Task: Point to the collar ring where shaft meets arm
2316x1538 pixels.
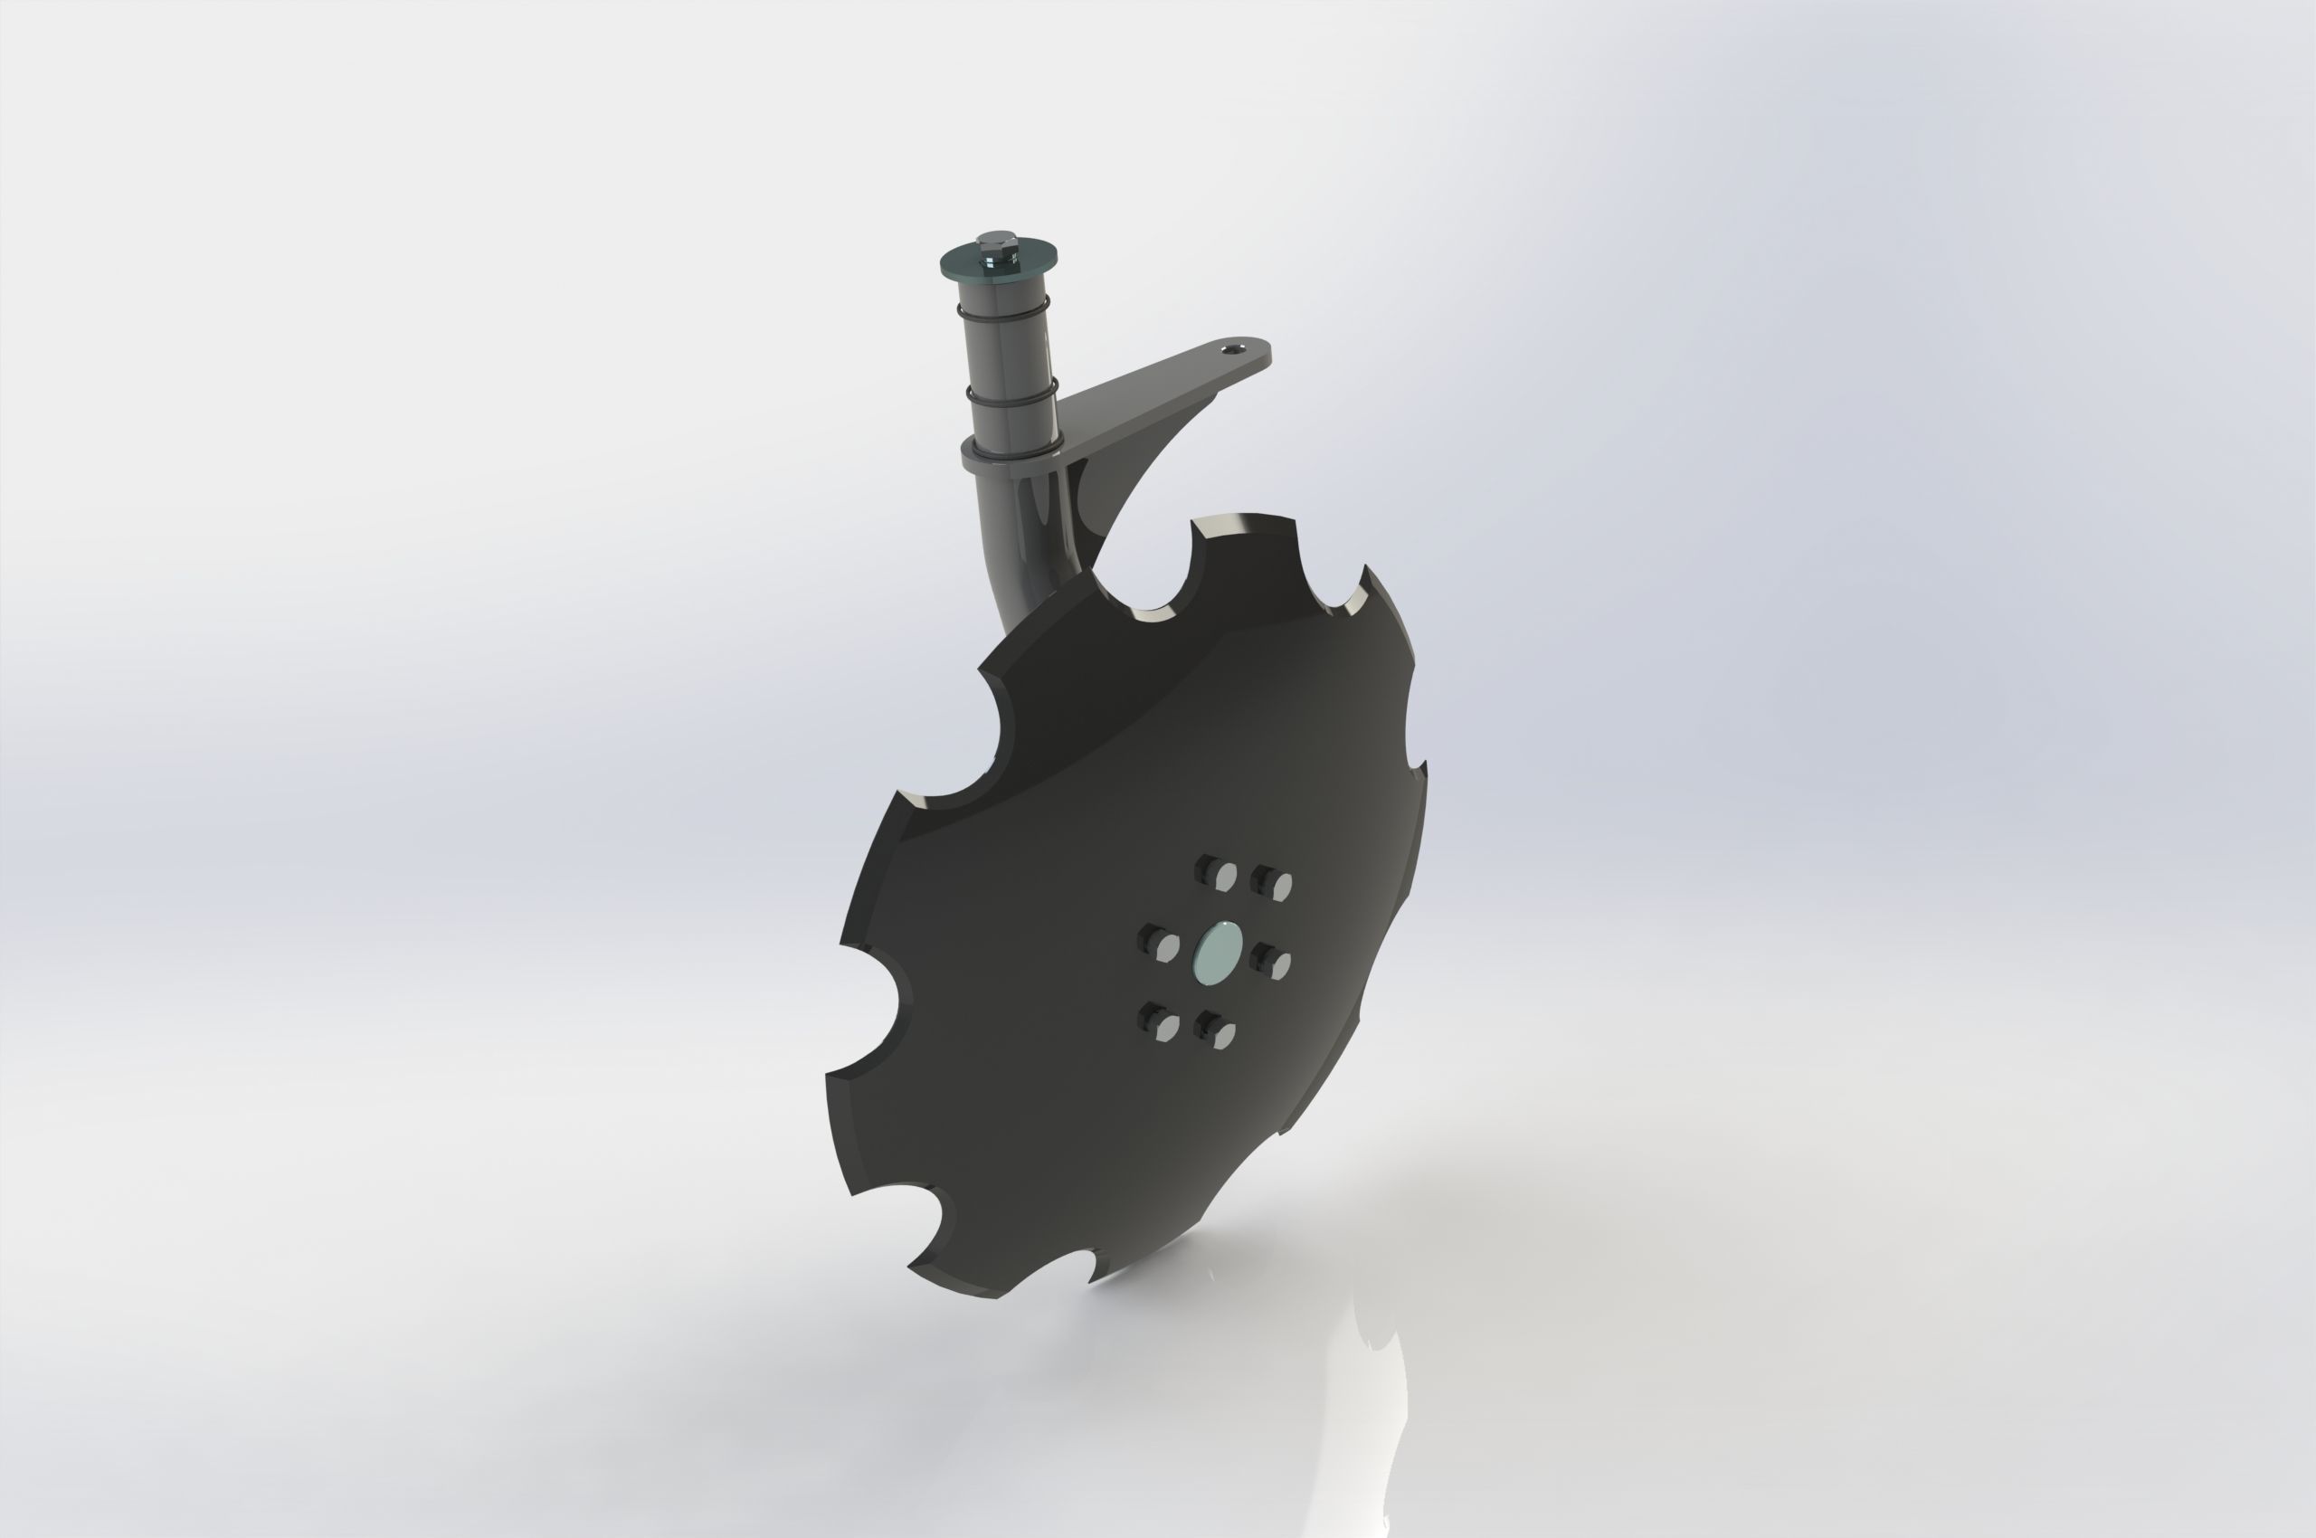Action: pos(1011,458)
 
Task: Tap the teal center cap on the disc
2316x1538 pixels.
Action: pos(1220,949)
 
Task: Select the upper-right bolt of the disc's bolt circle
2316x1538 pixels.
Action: pos(1272,884)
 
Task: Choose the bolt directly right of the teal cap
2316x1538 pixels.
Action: pos(1273,964)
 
